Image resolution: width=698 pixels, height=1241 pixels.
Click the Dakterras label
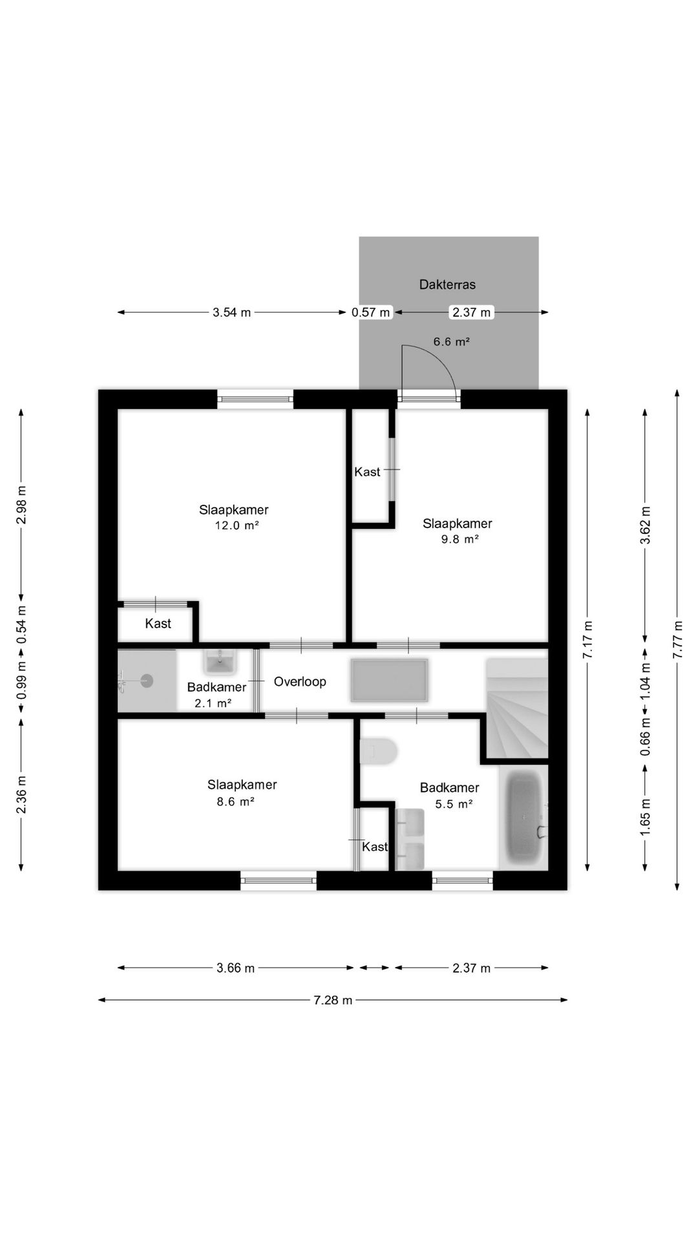coord(447,284)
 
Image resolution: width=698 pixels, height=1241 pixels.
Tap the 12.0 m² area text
coord(237,525)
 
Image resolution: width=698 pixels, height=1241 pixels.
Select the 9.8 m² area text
coord(460,539)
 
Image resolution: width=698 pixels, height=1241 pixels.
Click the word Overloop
coord(300,681)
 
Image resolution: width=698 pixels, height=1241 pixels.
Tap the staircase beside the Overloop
coord(517,708)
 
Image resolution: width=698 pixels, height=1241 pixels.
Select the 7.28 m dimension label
coord(333,1000)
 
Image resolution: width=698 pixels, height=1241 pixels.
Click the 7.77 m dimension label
coord(677,640)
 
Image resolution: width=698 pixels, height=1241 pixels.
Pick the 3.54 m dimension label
coord(231,313)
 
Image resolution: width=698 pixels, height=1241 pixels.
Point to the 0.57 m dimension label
coord(371,313)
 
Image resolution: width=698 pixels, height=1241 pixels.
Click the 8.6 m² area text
coord(235,801)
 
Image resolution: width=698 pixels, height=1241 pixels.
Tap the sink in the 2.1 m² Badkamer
coord(220,662)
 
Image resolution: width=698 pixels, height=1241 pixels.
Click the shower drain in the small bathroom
coord(147,680)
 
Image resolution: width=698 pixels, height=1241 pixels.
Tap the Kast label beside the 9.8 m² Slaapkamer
coord(367,472)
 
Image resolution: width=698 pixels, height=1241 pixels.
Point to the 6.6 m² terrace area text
coord(451,341)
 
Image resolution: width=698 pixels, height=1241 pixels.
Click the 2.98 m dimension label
coord(21,504)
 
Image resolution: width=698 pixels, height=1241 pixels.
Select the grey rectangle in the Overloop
coord(389,680)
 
